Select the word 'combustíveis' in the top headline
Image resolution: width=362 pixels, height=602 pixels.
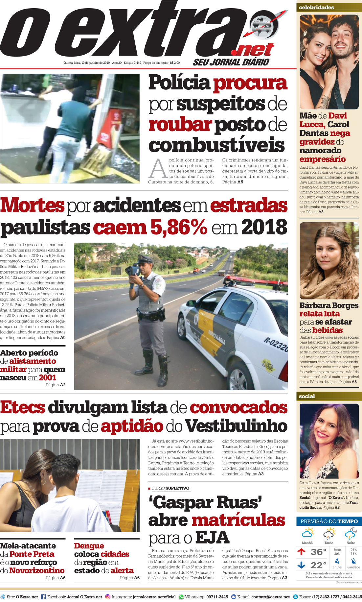216,145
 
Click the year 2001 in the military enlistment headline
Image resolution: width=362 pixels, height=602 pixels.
48,377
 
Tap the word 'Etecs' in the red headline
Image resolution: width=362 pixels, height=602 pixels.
23,407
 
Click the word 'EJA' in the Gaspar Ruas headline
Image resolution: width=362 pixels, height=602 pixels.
212,538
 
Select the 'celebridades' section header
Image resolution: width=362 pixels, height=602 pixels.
316,7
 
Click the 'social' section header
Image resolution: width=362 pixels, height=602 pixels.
307,396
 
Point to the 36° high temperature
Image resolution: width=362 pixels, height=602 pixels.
318,552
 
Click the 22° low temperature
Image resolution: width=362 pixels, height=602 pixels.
318,565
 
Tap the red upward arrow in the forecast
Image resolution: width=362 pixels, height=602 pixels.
301,551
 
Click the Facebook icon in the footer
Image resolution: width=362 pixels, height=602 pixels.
43,597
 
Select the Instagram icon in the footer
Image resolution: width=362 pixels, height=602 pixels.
107,597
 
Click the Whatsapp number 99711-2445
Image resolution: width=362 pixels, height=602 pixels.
217,597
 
